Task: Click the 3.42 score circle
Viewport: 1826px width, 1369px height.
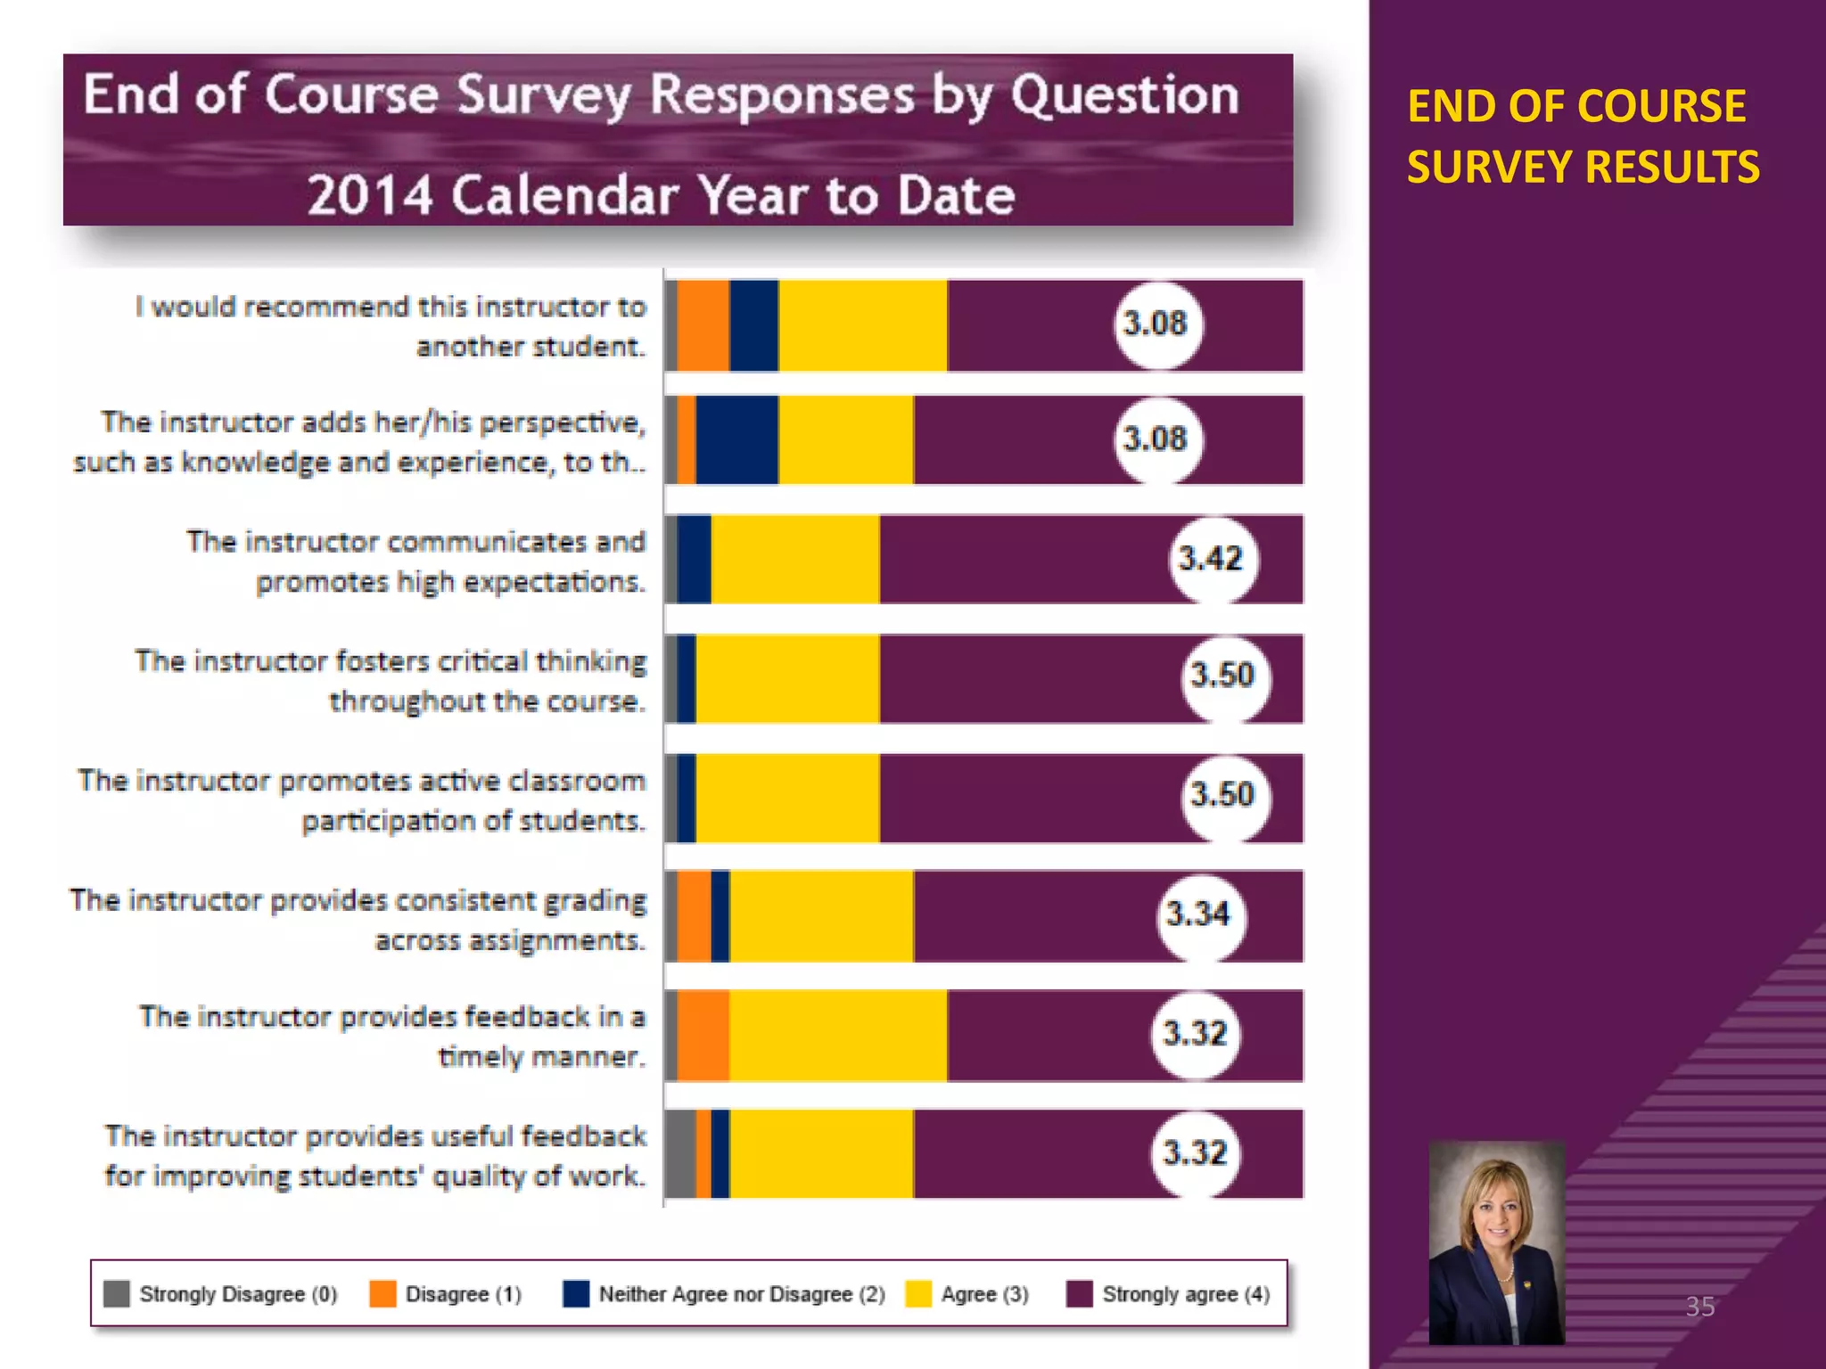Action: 1211,560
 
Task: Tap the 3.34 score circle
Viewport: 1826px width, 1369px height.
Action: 1198,915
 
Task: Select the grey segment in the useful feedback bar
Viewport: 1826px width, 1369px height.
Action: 681,1153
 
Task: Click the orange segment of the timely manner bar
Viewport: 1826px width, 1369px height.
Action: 703,1036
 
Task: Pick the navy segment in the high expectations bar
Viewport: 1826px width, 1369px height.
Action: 694,560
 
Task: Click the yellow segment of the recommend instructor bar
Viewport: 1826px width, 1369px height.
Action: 862,325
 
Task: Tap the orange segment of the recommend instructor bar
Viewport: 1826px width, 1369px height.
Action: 703,325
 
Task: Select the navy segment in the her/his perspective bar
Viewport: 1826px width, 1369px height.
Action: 736,440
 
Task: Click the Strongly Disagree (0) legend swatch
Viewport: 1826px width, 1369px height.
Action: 117,1293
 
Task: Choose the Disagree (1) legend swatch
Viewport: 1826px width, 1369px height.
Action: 382,1293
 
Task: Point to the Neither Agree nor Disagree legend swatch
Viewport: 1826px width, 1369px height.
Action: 576,1293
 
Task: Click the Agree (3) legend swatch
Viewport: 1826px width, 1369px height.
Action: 917,1293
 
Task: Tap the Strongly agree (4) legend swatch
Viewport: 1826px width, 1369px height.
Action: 1079,1293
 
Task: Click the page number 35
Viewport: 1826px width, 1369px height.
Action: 1699,1307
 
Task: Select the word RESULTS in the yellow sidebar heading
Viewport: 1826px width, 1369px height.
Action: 1672,168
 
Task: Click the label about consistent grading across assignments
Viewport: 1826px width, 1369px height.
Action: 358,919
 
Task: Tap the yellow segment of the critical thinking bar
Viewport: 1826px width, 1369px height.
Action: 787,679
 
